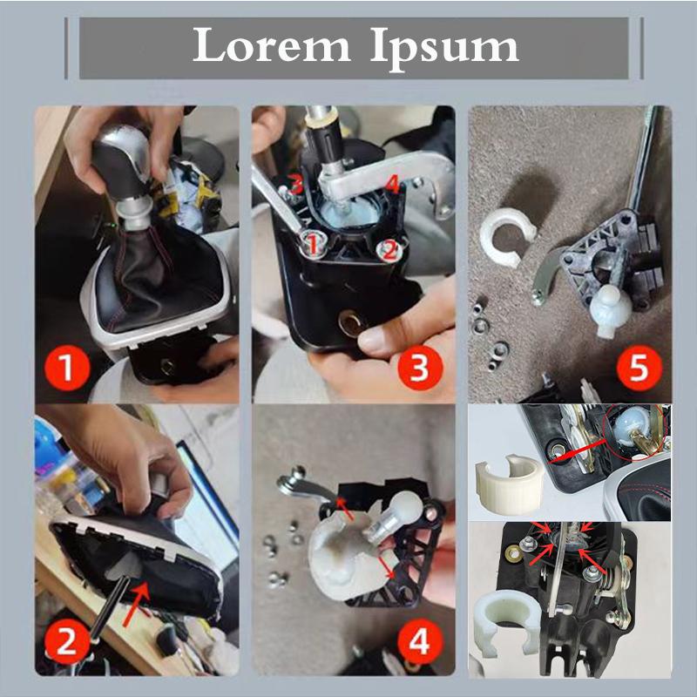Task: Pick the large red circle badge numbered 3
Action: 419,369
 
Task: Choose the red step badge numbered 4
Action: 419,644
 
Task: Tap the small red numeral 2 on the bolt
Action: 389,250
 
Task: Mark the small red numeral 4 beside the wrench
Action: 393,185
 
